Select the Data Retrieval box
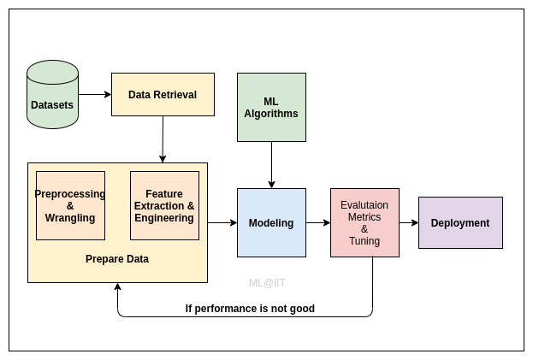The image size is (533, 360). point(163,94)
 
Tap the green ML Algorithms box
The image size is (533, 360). point(271,107)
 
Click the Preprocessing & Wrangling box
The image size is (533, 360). point(70,205)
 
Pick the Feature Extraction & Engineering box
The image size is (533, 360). point(164,205)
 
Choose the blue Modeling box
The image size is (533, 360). point(271,222)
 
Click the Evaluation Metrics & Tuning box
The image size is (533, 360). point(364,222)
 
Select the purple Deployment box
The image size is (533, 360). point(460,222)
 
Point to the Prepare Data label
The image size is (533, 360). point(117,258)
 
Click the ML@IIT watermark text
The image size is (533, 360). point(267,282)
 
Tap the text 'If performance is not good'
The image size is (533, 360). point(250,309)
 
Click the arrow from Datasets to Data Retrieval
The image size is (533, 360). point(95,94)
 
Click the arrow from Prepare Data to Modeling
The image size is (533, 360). point(222,222)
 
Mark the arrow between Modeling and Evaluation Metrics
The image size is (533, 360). point(318,222)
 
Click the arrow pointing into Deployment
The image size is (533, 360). point(409,222)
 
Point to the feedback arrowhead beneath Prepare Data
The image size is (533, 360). point(117,288)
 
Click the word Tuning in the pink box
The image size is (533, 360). point(364,241)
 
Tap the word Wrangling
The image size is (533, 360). point(70,218)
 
